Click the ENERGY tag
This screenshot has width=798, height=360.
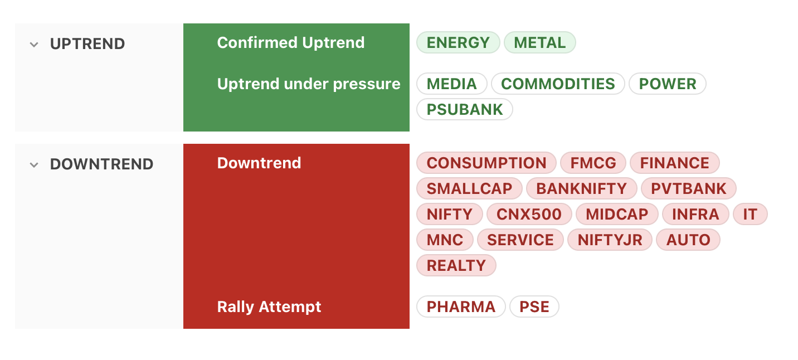click(x=458, y=43)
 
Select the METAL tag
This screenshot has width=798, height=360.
click(x=540, y=43)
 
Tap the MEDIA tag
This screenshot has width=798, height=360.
click(x=452, y=84)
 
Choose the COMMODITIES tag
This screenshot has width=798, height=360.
click(x=558, y=84)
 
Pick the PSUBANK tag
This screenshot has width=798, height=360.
click(x=465, y=110)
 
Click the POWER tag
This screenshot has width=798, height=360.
click(x=668, y=84)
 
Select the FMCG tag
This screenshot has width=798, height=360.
click(x=593, y=163)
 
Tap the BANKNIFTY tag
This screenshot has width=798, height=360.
click(x=581, y=189)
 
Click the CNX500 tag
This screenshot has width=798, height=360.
click(x=529, y=215)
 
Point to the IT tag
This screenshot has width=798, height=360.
click(x=750, y=215)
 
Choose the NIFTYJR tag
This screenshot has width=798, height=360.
click(x=610, y=240)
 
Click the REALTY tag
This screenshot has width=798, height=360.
click(x=456, y=266)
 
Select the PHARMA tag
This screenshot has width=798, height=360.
click(x=461, y=307)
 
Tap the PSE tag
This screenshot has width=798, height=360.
click(x=534, y=307)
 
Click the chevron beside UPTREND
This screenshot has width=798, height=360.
click(x=34, y=45)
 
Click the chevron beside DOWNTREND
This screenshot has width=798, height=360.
click(x=34, y=165)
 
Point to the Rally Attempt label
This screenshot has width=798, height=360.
click(x=269, y=307)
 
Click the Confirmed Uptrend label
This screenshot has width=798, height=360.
click(x=291, y=43)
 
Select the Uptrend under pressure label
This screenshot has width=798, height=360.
click(x=309, y=84)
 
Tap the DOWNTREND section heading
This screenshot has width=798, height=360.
click(x=101, y=164)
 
